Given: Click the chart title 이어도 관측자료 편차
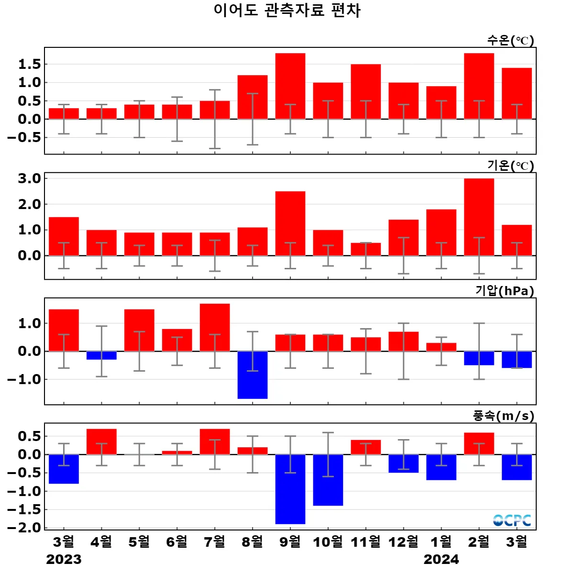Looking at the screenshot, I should coord(287,11).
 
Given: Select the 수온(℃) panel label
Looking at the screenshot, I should coord(510,40).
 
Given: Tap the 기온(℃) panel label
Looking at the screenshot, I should coord(510,166).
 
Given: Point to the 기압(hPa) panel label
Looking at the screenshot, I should coord(505,291).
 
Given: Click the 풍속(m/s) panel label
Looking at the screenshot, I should coord(504,416).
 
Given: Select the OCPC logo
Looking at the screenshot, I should coord(512,520).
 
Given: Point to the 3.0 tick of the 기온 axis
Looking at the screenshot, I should coord(29,179).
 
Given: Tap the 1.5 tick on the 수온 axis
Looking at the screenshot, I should coord(29,65).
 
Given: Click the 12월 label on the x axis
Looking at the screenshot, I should coord(403,542).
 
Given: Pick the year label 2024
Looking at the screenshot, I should coord(441,559).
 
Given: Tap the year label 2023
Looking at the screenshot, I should coord(64,559).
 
